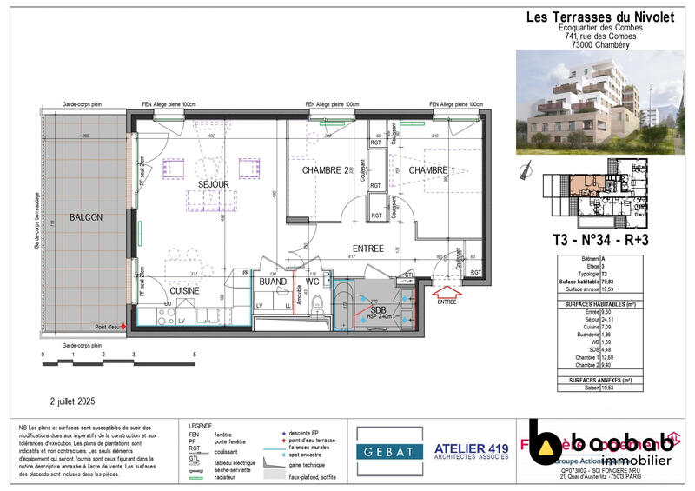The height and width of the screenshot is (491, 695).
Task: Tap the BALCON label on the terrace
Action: coord(87,216)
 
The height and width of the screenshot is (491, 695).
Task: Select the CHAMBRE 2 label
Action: coord(326,170)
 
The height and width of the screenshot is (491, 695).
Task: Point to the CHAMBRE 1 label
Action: coord(432,170)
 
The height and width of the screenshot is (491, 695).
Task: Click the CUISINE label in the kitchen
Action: coord(185,291)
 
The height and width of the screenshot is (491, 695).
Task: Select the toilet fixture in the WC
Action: coord(317,304)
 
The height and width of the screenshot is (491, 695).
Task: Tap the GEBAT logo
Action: coord(384,450)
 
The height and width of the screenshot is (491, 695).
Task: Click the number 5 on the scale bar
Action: coord(194,355)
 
